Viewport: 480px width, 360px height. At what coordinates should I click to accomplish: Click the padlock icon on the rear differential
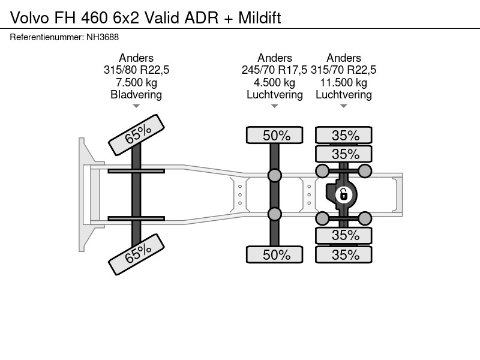click(343, 194)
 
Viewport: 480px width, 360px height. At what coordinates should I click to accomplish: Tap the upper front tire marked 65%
click(137, 135)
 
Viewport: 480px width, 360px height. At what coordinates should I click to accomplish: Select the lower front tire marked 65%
click(137, 254)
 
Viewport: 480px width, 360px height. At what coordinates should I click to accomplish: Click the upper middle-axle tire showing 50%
click(275, 135)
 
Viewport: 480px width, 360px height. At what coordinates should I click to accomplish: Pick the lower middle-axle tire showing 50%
click(275, 254)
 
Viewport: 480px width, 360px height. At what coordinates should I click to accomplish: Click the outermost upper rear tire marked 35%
click(344, 135)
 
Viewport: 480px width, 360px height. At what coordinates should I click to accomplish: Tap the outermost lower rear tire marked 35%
click(344, 254)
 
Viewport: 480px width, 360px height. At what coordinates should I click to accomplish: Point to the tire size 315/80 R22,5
click(136, 70)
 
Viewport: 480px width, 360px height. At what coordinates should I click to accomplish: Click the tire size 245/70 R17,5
click(274, 70)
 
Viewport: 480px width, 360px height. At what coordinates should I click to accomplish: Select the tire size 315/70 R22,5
click(343, 70)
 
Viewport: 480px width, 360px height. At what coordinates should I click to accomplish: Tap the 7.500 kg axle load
click(136, 82)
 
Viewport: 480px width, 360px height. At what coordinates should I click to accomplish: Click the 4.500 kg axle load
click(274, 82)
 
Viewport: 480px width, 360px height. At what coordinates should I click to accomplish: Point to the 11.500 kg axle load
click(343, 82)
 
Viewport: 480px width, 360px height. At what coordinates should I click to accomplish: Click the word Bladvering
click(136, 95)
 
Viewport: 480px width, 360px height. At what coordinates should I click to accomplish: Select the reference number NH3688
click(103, 37)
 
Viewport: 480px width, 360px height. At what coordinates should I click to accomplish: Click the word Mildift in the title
click(260, 18)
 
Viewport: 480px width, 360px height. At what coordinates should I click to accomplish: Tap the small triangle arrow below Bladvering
click(136, 106)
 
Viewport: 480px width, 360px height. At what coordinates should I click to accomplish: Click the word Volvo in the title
click(29, 18)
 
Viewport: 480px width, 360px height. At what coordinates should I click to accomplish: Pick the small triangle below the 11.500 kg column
click(343, 106)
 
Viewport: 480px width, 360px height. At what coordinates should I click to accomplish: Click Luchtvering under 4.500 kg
click(275, 95)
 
